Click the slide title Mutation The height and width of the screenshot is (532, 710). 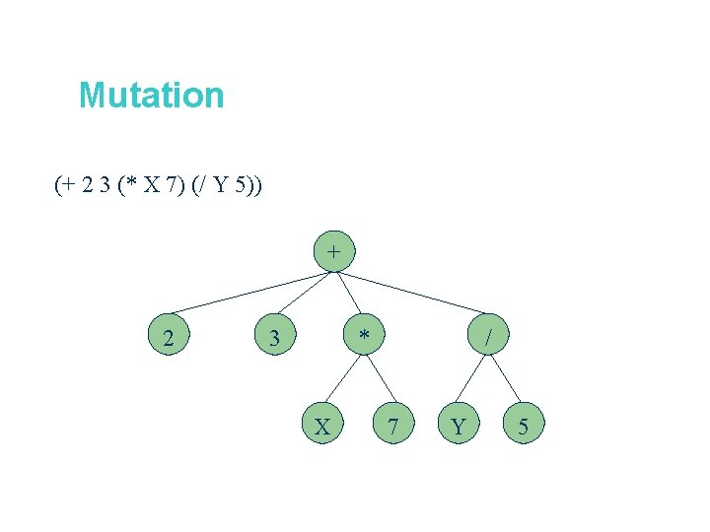(152, 96)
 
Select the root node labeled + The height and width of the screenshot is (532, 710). (334, 251)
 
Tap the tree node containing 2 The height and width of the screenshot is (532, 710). (170, 339)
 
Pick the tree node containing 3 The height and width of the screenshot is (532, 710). (275, 339)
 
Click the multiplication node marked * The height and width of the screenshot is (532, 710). (365, 338)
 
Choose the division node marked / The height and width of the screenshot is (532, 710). (488, 338)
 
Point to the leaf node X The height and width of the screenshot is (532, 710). (321, 427)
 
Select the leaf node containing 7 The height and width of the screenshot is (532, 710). (393, 427)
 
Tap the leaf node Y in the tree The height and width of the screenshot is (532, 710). (458, 427)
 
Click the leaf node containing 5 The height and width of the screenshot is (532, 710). (523, 427)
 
